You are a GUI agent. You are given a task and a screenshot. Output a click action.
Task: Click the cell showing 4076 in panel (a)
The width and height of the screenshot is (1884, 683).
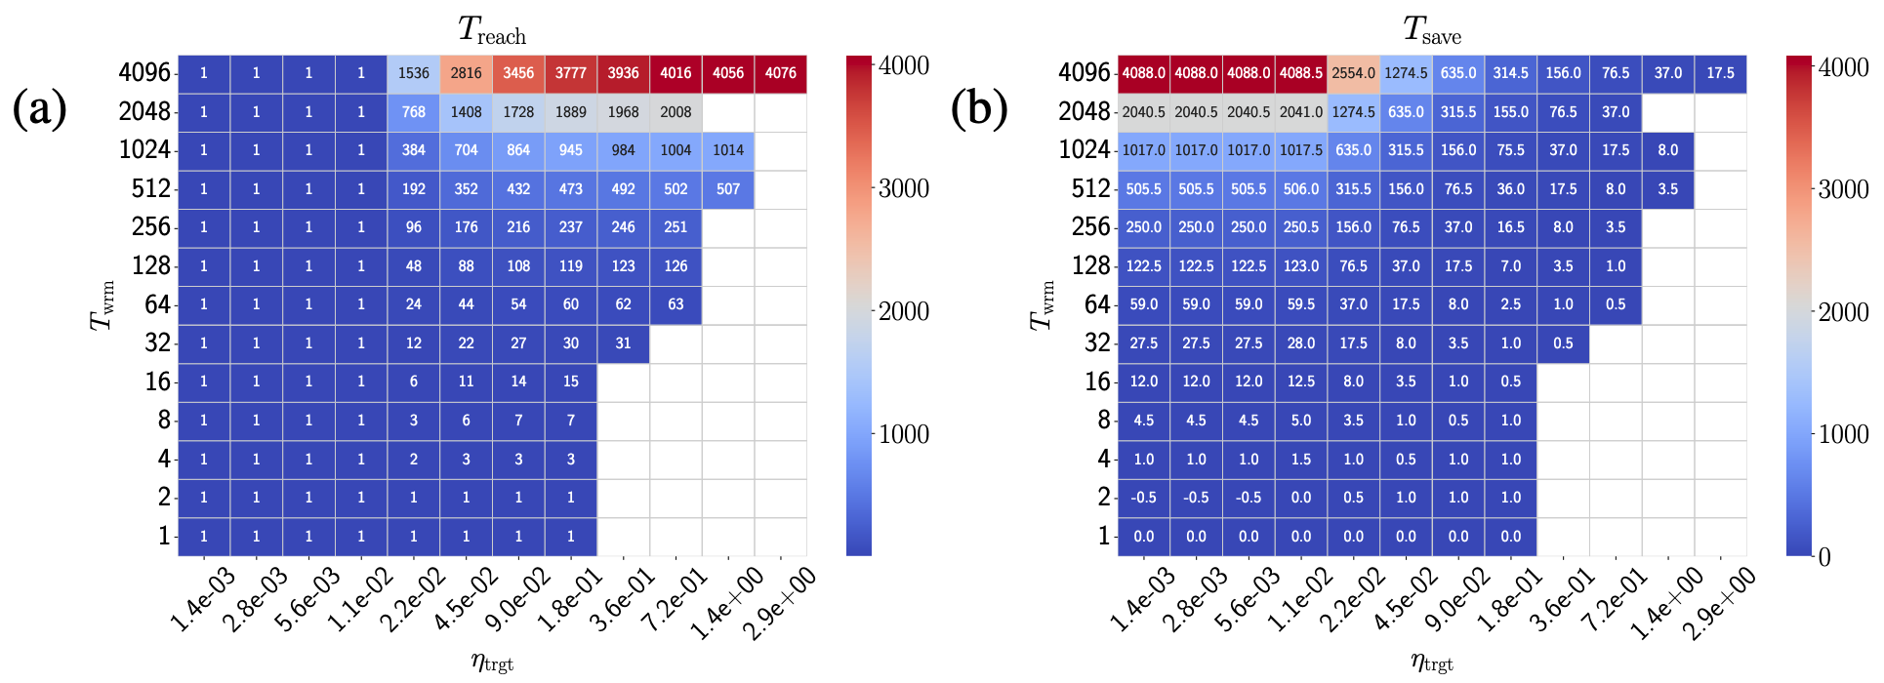[x=780, y=73]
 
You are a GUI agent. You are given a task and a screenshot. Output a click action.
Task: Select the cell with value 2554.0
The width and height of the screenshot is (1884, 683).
[x=1353, y=73]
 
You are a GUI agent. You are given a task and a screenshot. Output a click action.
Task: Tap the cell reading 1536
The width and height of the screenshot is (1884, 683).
[x=414, y=73]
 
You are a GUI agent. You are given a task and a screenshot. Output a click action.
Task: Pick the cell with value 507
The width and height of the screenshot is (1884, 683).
[x=728, y=189]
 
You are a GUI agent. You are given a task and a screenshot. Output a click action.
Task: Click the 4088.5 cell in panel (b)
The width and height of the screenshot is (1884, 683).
[x=1301, y=73]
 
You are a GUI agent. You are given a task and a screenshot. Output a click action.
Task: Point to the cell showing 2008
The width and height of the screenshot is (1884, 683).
[x=676, y=112]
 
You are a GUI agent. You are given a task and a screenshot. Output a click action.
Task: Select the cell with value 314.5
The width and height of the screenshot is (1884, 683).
[x=1510, y=73]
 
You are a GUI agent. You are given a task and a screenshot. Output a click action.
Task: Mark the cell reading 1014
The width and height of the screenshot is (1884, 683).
[x=728, y=150]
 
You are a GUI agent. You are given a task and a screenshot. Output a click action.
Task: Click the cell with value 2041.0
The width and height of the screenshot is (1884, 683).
[x=1301, y=112]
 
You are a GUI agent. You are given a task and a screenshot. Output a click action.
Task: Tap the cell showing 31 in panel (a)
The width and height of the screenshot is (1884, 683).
[x=623, y=343]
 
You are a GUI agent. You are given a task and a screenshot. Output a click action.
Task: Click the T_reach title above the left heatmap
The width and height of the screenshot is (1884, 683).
[x=492, y=31]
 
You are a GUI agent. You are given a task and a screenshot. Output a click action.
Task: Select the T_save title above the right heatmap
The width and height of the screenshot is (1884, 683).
[x=1432, y=31]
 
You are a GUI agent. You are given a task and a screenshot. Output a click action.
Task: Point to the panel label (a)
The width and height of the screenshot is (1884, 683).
[x=39, y=108]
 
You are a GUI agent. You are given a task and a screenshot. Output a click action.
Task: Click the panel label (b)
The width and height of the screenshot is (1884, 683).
[x=978, y=108]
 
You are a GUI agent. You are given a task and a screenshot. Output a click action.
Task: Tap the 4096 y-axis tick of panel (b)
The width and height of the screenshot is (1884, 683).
[x=1084, y=73]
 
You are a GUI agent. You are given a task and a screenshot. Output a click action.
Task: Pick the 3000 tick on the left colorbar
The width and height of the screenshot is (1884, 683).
[x=903, y=188]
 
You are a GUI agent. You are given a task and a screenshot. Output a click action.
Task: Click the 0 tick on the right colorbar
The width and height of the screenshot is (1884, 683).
[x=1824, y=557]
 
